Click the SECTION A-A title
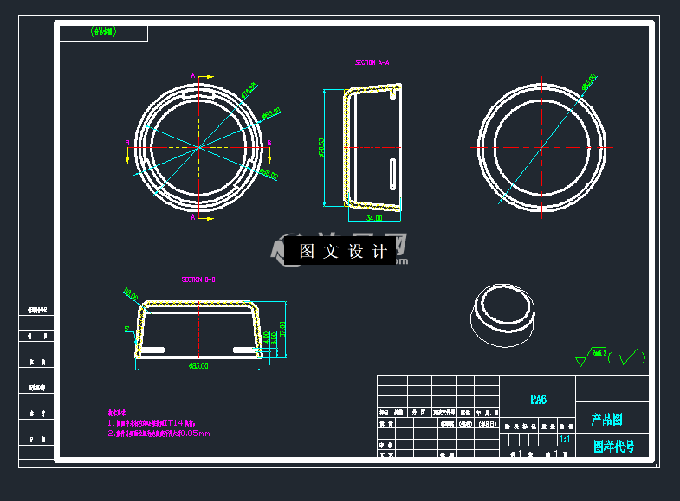coord(372,63)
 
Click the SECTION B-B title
coord(198,280)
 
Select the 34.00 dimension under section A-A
coord(373,218)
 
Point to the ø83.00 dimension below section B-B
coord(198,366)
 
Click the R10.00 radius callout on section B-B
coord(131,296)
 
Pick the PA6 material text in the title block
coord(538,400)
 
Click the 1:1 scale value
coord(565,440)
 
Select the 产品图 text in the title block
coord(606,420)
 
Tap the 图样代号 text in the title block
coord(613,447)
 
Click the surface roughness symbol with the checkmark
coord(611,356)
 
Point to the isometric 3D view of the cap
coord(502,316)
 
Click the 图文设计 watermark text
coord(344,252)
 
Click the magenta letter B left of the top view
coord(127,143)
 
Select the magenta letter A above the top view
coord(192,75)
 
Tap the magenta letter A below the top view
coord(192,218)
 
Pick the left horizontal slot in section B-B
coord(154,350)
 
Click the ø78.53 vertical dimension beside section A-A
coord(322,148)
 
